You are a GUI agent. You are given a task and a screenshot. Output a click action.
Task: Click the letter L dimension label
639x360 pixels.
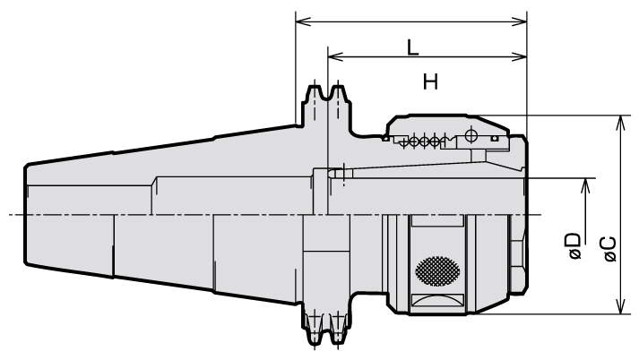[x=413, y=47]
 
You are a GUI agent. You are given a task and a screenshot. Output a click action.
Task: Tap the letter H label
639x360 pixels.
[x=430, y=81]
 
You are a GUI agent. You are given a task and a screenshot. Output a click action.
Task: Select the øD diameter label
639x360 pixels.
[x=574, y=246]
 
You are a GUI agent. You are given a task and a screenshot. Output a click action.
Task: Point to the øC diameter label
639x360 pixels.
[x=610, y=249]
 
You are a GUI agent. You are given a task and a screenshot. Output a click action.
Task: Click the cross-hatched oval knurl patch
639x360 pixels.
[x=437, y=271]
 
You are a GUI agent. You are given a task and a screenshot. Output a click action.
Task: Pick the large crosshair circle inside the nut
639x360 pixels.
[x=471, y=134]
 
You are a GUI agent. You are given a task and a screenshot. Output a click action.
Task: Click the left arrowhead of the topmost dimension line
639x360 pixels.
[x=303, y=21]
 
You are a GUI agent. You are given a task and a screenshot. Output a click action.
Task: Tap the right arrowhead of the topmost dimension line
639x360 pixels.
[x=519, y=21]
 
